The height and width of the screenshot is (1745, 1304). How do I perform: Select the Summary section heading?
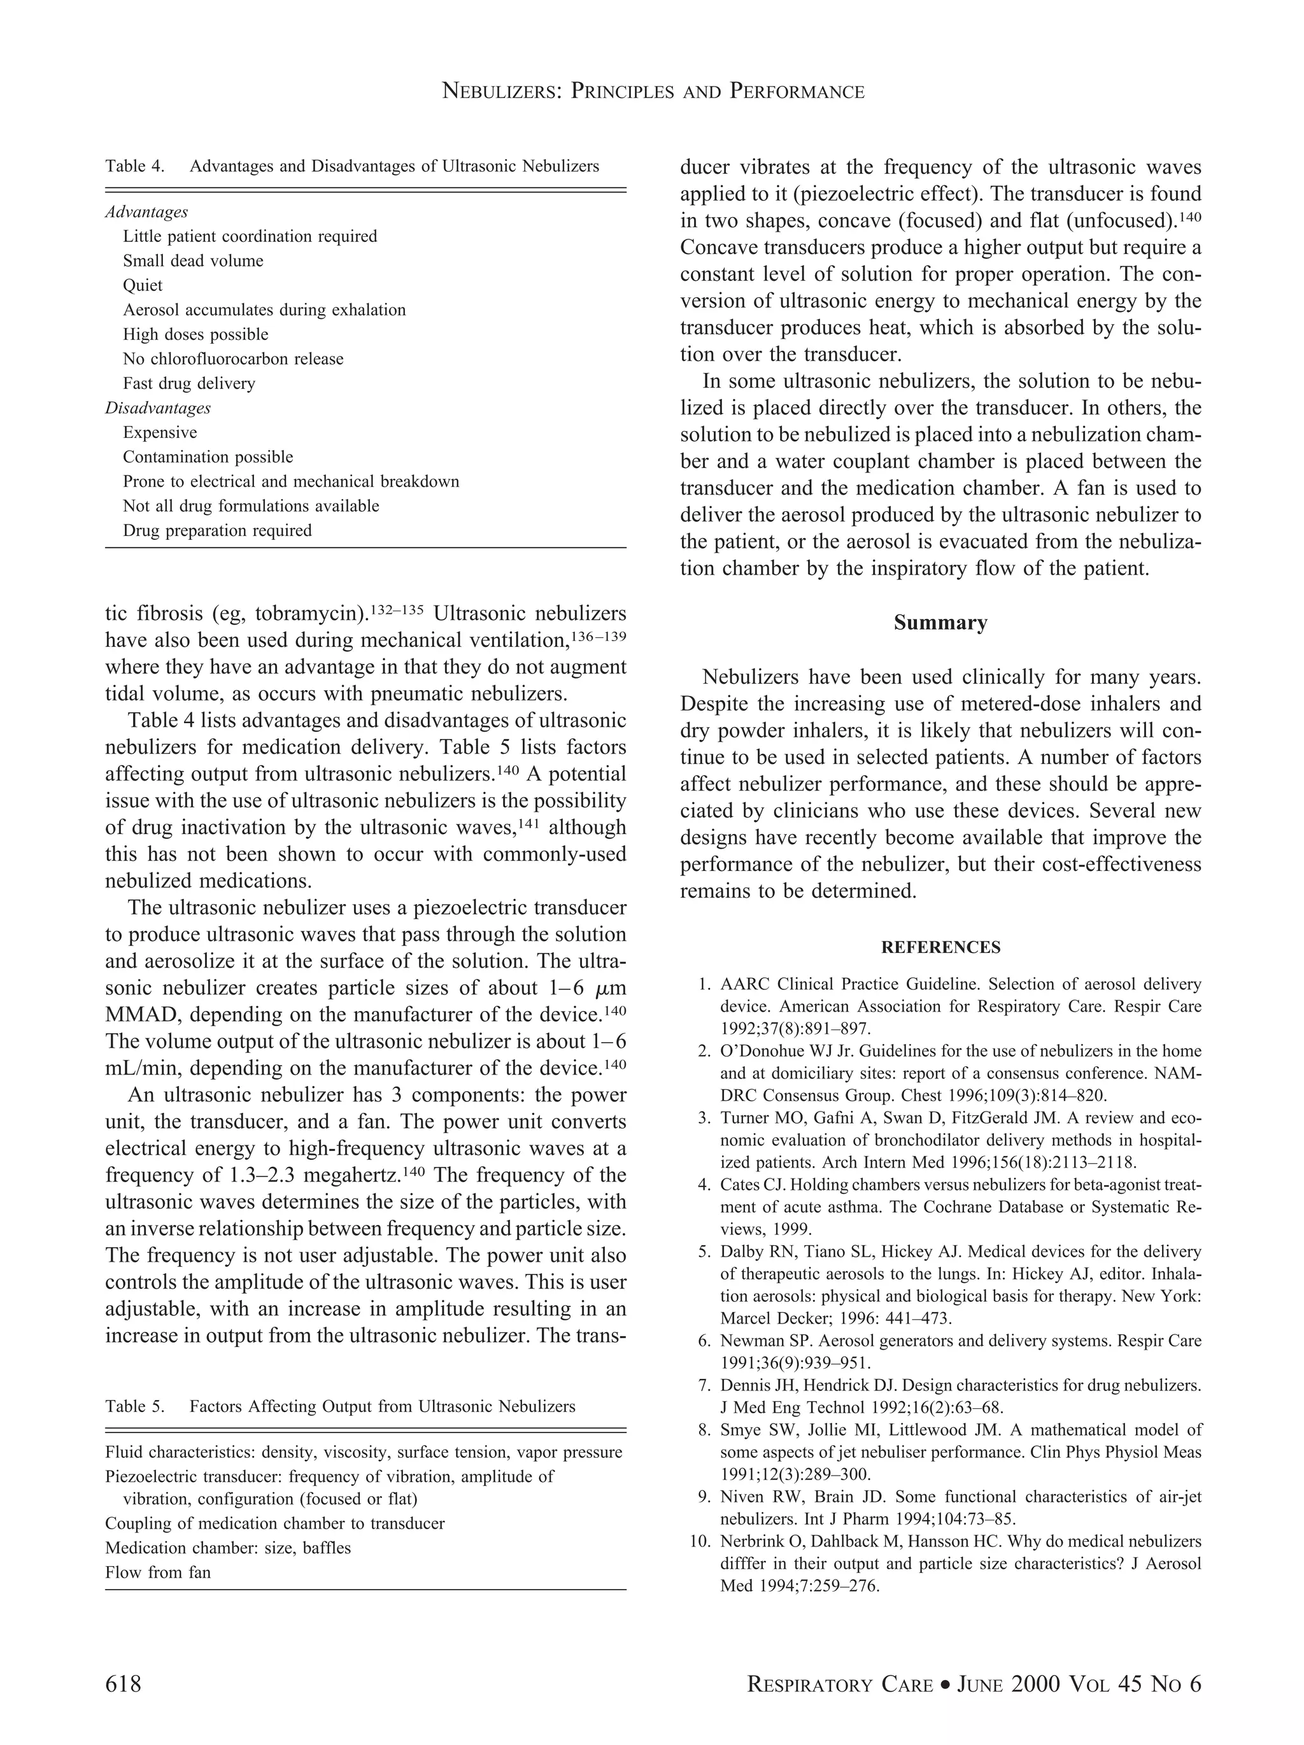pyautogui.click(x=940, y=623)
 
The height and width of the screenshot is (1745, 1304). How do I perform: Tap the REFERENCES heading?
pyautogui.click(x=940, y=947)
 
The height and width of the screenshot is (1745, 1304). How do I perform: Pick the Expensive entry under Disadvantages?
pyautogui.click(x=160, y=432)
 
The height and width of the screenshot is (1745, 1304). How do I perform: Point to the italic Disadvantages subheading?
pyautogui.click(x=158, y=408)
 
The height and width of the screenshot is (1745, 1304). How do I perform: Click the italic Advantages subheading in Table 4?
pyautogui.click(x=146, y=212)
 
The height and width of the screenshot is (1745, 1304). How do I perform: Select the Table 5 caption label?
pyautogui.click(x=135, y=1406)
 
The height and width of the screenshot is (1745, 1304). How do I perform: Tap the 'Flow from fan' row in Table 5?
pyautogui.click(x=158, y=1572)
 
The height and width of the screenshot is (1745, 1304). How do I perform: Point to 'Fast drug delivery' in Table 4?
pyautogui.click(x=189, y=383)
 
